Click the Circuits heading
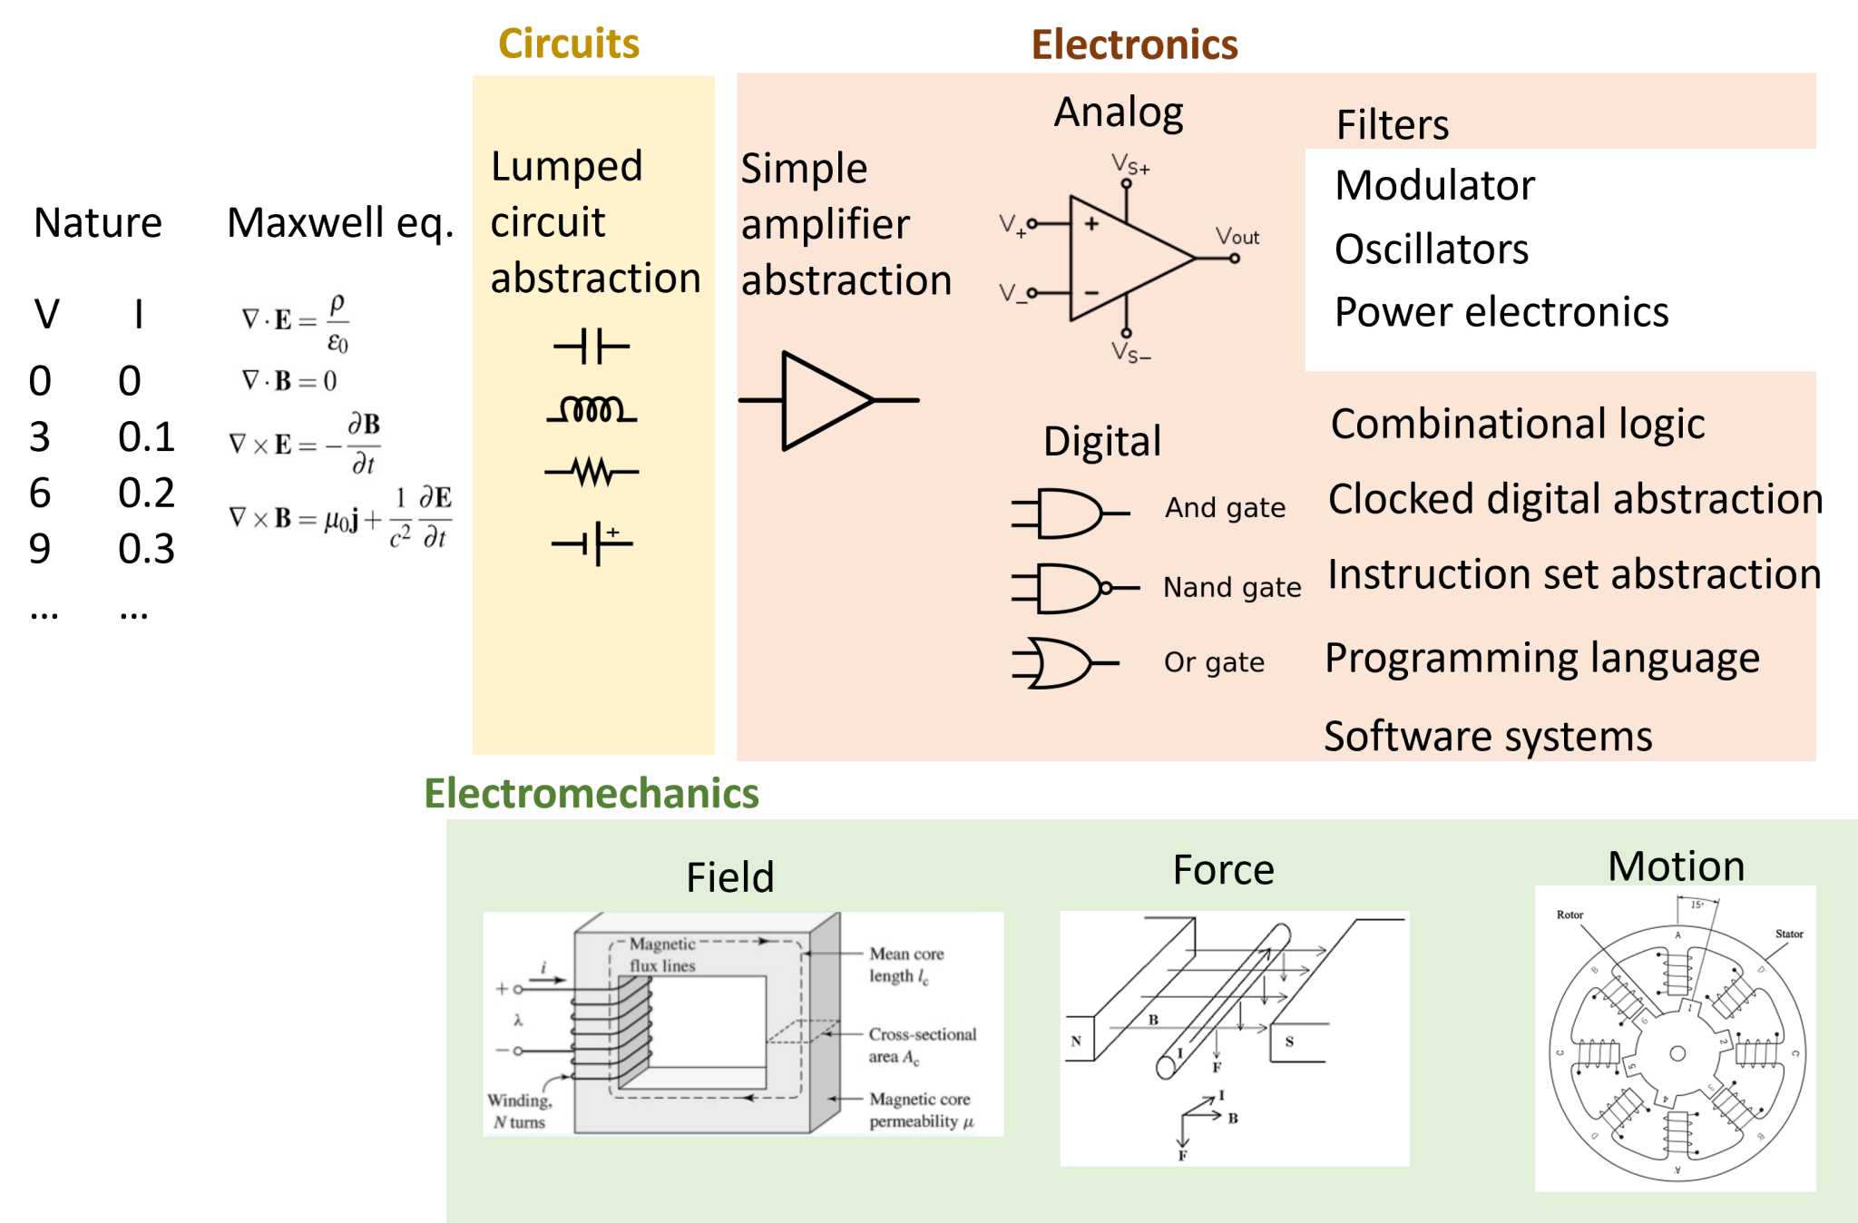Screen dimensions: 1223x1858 coord(569,44)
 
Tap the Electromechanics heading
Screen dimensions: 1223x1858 coord(591,793)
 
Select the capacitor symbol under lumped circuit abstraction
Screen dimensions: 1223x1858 coord(592,347)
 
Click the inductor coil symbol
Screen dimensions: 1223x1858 coord(592,411)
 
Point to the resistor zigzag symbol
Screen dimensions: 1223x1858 coord(592,472)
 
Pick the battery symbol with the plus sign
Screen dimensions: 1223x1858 coord(592,543)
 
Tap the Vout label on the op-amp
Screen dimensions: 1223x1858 coord(1237,237)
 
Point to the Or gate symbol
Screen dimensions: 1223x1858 coord(1063,663)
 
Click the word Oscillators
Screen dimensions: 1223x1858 coord(1431,249)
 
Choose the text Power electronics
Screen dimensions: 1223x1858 coord(1501,312)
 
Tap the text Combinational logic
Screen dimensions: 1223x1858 coord(1517,424)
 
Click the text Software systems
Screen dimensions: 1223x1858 coord(1488,736)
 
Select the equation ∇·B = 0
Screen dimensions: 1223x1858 coord(289,380)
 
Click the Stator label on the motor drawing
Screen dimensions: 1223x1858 coord(1788,934)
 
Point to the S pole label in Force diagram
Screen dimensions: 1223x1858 coord(1289,1042)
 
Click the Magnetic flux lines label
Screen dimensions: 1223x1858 coord(662,954)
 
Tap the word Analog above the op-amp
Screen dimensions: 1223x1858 coord(1118,113)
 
